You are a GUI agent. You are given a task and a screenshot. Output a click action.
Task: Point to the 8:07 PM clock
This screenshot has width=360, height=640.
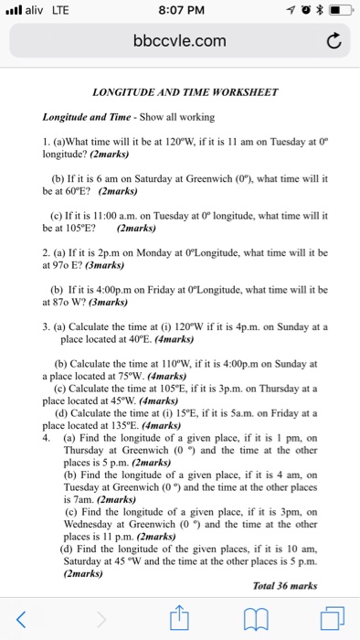coord(179,10)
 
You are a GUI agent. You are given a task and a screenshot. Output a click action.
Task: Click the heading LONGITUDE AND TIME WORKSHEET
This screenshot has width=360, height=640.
coord(179,93)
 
